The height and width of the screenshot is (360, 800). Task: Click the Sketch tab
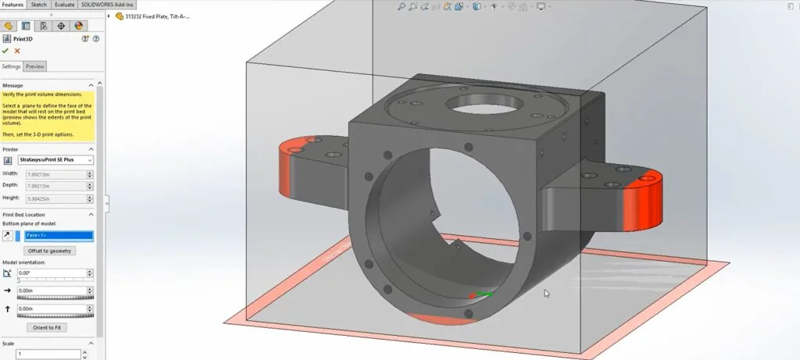pos(39,5)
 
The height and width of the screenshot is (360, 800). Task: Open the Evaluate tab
pos(64,5)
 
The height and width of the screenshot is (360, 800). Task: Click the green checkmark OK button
pos(6,51)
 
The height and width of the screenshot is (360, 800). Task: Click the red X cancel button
pos(17,51)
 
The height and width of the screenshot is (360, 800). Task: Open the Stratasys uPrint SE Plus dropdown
pos(55,160)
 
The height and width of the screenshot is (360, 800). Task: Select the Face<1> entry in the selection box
pos(59,235)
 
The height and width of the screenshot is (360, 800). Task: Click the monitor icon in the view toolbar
pos(540,7)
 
